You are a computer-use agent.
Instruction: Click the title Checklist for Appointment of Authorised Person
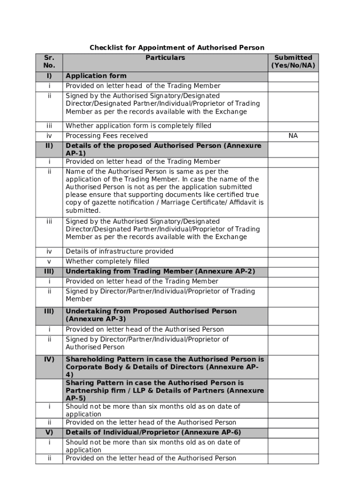pyautogui.click(x=177, y=48)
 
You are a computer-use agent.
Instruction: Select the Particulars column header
pyautogui.click(x=165, y=58)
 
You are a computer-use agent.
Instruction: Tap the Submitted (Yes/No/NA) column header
pyautogui.click(x=293, y=61)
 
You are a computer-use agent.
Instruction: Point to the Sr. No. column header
pyautogui.click(x=49, y=61)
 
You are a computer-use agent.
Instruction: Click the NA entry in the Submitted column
pyautogui.click(x=293, y=136)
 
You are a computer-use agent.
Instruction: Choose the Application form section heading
pyautogui.click(x=96, y=76)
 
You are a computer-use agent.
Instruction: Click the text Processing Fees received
pyautogui.click(x=107, y=136)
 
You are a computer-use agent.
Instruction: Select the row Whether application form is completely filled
pyautogui.click(x=138, y=125)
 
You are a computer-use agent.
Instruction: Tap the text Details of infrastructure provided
pyautogui.click(x=119, y=251)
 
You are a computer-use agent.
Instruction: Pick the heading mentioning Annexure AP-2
pyautogui.click(x=160, y=271)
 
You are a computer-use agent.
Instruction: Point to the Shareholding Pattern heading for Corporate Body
pyautogui.click(x=165, y=367)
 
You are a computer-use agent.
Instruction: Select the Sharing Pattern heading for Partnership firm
pyautogui.click(x=165, y=390)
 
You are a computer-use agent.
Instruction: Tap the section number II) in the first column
pyautogui.click(x=49, y=145)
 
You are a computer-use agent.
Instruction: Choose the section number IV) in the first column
pyautogui.click(x=49, y=359)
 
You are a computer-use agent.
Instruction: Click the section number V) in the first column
pyautogui.click(x=49, y=432)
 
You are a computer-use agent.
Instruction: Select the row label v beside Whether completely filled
pyautogui.click(x=49, y=261)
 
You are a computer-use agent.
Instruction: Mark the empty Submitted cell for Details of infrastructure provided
pyautogui.click(x=293, y=251)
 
